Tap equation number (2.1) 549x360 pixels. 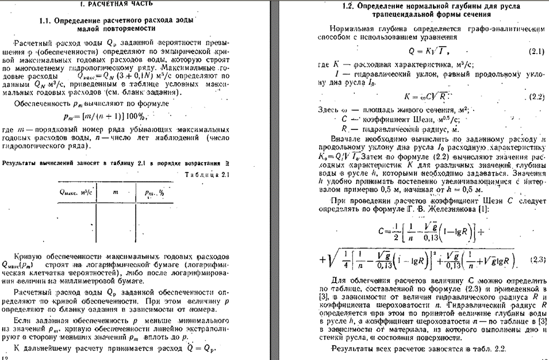point(535,52)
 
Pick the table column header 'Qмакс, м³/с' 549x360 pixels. point(76,193)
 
